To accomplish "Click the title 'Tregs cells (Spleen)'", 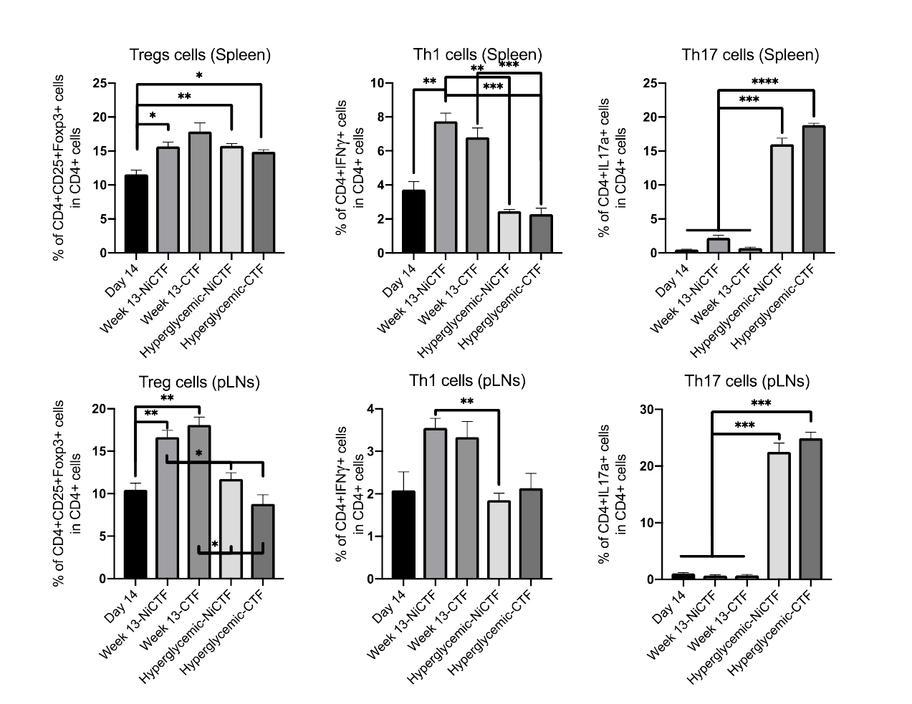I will click(x=200, y=54).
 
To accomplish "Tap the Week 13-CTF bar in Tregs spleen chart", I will click(x=200, y=193).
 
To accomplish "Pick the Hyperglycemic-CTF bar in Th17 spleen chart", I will click(x=814, y=189).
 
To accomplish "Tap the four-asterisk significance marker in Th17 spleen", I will click(x=765, y=81).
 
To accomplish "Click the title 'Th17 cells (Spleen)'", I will click(x=750, y=54).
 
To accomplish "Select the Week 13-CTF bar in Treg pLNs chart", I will click(x=199, y=502).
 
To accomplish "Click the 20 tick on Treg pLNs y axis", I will click(x=100, y=409).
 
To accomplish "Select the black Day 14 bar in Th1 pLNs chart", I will click(x=403, y=534).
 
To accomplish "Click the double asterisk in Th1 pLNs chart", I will click(x=466, y=401).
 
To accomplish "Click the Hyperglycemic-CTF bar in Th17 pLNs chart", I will click(x=810, y=509).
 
